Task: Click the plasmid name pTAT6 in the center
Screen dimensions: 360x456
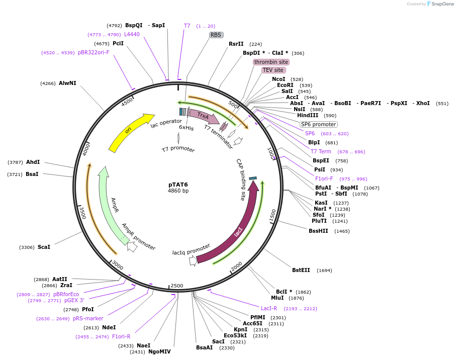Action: (178, 185)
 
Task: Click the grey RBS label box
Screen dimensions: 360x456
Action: (216, 35)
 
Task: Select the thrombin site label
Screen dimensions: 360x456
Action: (271, 62)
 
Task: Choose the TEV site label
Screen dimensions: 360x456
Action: (273, 70)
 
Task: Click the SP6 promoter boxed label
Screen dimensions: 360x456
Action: (318, 124)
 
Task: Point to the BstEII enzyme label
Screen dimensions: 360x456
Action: (301, 271)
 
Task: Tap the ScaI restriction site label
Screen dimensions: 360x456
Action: (44, 247)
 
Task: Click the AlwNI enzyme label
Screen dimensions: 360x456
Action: (67, 83)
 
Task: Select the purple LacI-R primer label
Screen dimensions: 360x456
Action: (269, 309)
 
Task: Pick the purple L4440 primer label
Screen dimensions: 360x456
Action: (132, 35)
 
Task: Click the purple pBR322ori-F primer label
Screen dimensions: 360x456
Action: (94, 52)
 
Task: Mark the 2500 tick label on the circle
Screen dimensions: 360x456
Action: (177, 286)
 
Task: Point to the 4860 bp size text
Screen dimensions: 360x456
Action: (178, 191)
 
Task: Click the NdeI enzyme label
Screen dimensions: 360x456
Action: (109, 327)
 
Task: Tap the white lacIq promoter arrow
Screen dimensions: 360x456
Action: (193, 261)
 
